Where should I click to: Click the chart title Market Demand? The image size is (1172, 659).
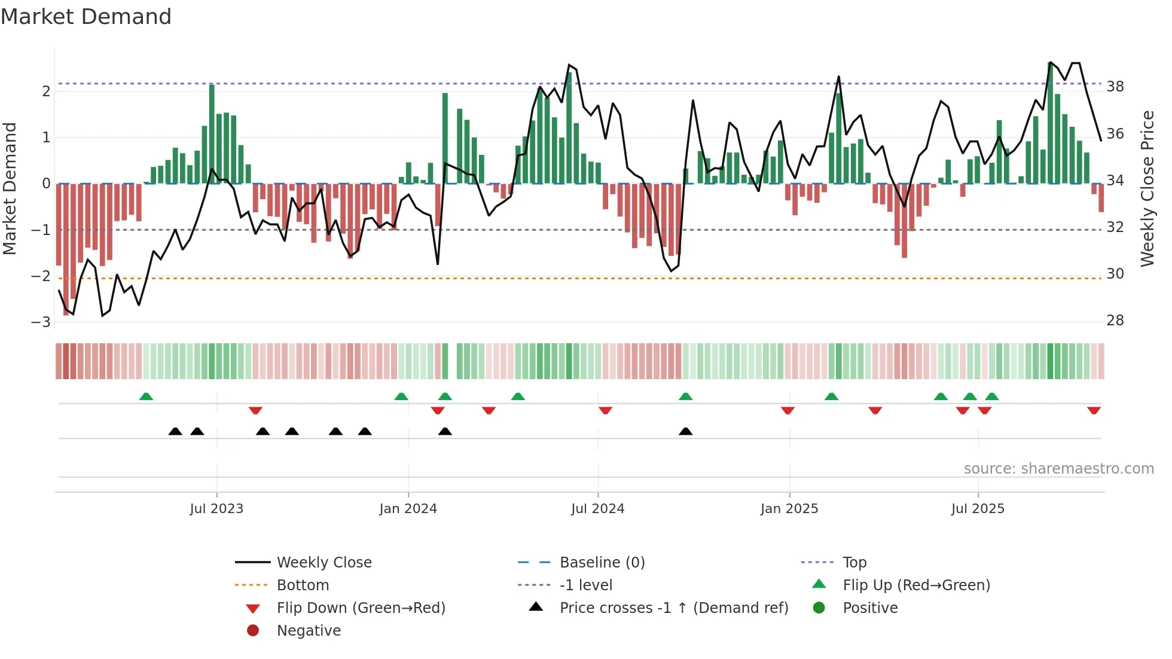tap(86, 17)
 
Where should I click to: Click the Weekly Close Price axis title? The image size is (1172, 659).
tap(1147, 188)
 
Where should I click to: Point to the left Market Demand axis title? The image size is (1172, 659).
tap(10, 188)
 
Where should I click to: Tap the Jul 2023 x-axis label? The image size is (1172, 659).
tap(216, 509)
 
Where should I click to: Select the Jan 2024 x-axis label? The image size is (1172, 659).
tap(408, 509)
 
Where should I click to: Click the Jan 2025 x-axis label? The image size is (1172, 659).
tap(789, 509)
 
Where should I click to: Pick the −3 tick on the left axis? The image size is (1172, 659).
tap(41, 322)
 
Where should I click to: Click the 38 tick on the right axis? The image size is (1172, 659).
tap(1115, 87)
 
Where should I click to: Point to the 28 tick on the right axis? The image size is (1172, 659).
tap(1115, 321)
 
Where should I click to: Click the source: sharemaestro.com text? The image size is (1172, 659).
tap(1058, 469)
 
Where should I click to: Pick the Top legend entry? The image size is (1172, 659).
tap(854, 563)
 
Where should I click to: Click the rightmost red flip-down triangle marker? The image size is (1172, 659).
tap(1094, 410)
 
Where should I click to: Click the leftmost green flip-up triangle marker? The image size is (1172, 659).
tap(146, 396)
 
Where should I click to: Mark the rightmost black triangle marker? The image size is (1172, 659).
tap(685, 431)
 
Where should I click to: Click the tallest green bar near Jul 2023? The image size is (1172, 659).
tap(212, 134)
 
